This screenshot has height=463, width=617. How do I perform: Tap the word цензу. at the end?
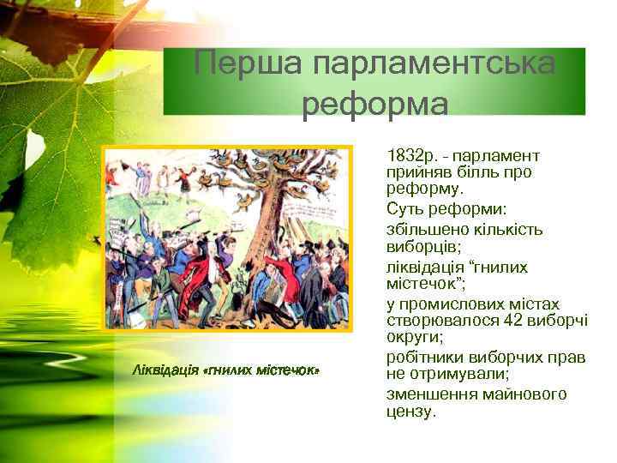(x=411, y=412)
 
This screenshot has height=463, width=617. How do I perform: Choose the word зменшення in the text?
(x=428, y=394)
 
